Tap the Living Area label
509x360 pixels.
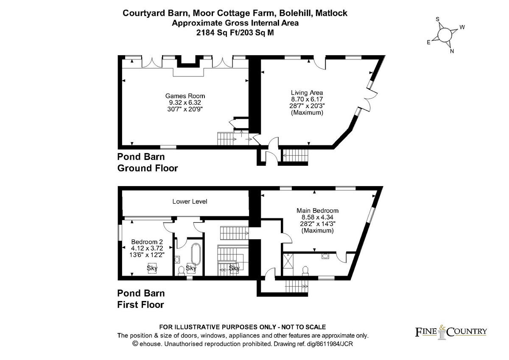307,93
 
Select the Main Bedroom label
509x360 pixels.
317,210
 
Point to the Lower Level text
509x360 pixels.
190,201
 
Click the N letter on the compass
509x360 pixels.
452,51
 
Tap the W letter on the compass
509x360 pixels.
462,28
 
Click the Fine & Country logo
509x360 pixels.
450,332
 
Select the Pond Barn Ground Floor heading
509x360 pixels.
147,162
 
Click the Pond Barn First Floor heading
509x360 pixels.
141,299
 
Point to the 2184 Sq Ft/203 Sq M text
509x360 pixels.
235,32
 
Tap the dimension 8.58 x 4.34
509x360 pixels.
317,217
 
